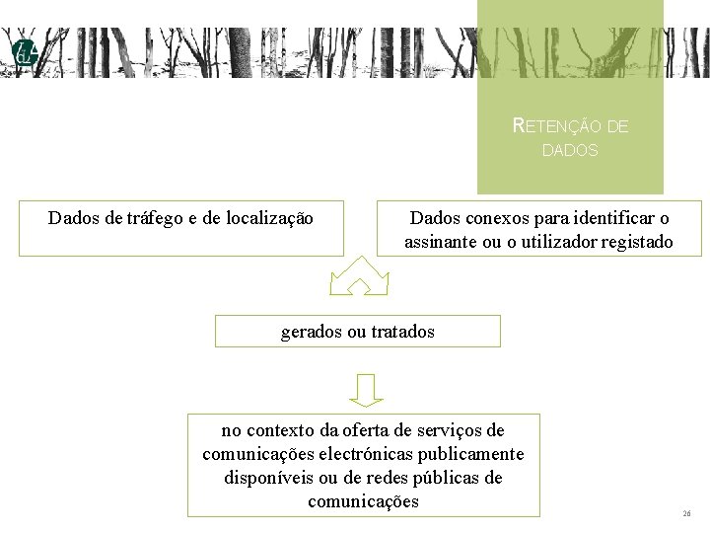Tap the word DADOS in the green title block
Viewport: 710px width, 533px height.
(570, 151)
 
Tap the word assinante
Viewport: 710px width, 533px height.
(440, 242)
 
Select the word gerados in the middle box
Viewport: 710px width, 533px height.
(310, 332)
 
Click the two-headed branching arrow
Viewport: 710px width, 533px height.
(359, 276)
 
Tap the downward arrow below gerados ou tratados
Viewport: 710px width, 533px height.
(366, 389)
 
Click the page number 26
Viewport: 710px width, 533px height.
(686, 514)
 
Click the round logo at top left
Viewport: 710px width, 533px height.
(24, 54)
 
